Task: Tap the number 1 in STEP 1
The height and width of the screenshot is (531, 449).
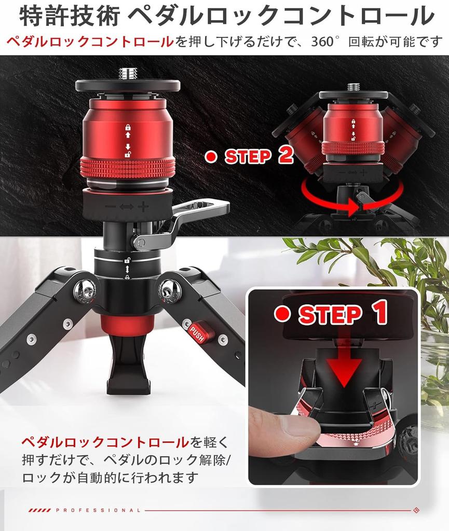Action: point(379,313)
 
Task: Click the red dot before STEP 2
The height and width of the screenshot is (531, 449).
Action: point(210,156)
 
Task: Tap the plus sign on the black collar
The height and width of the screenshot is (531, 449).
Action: point(143,206)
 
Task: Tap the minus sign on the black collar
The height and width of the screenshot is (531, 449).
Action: point(110,206)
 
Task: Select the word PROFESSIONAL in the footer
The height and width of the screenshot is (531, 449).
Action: point(98,510)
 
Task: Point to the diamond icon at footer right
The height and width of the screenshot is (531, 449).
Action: point(416,510)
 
